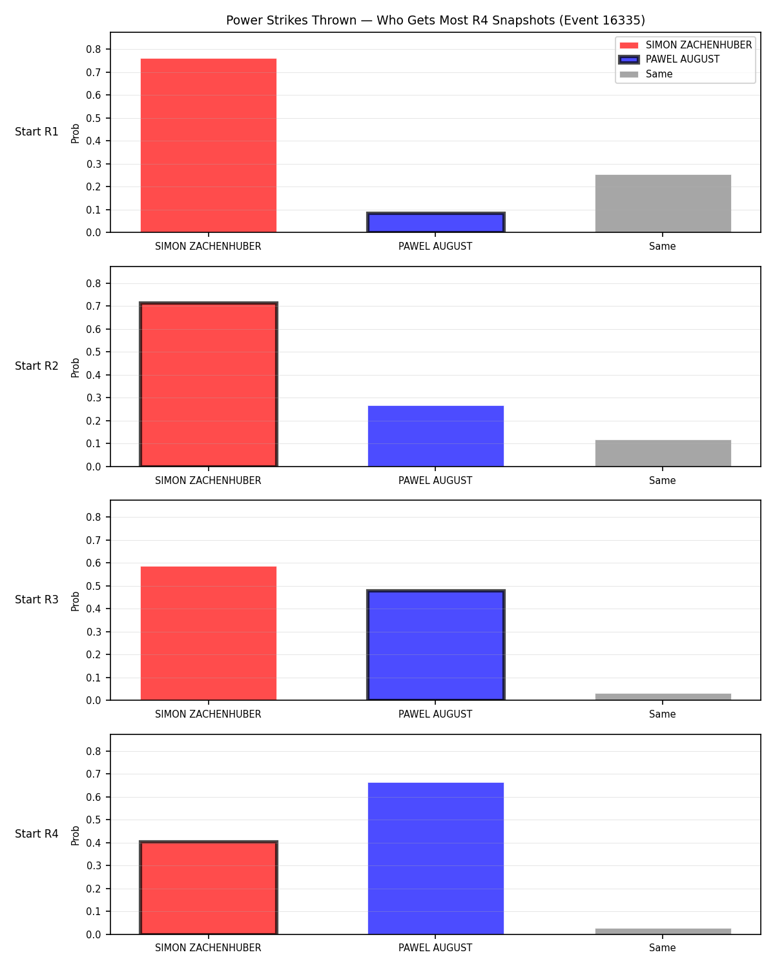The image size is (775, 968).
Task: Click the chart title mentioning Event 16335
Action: click(x=435, y=20)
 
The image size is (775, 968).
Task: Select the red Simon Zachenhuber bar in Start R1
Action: click(x=209, y=145)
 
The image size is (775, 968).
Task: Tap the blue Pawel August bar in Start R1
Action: click(x=435, y=222)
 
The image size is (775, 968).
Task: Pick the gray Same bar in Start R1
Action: click(x=663, y=203)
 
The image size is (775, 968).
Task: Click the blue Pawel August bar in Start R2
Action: click(x=435, y=436)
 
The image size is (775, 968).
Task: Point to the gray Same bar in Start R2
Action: click(x=663, y=453)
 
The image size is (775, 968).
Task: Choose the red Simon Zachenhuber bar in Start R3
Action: click(x=209, y=633)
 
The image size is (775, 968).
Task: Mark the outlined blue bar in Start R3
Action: click(x=435, y=645)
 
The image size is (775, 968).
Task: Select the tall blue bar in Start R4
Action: click(x=435, y=858)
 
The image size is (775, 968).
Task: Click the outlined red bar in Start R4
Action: click(x=209, y=887)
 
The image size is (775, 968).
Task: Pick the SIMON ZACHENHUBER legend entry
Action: click(x=685, y=45)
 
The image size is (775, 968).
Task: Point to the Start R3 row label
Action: click(x=36, y=599)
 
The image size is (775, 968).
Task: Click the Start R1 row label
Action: click(x=36, y=132)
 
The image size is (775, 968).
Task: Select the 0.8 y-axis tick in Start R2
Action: click(x=94, y=283)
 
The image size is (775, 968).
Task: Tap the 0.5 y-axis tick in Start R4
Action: click(x=94, y=820)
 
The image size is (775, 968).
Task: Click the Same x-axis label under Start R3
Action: click(x=663, y=714)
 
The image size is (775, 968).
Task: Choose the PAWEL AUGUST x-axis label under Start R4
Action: click(x=435, y=948)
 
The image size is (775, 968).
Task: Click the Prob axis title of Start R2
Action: click(x=75, y=367)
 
